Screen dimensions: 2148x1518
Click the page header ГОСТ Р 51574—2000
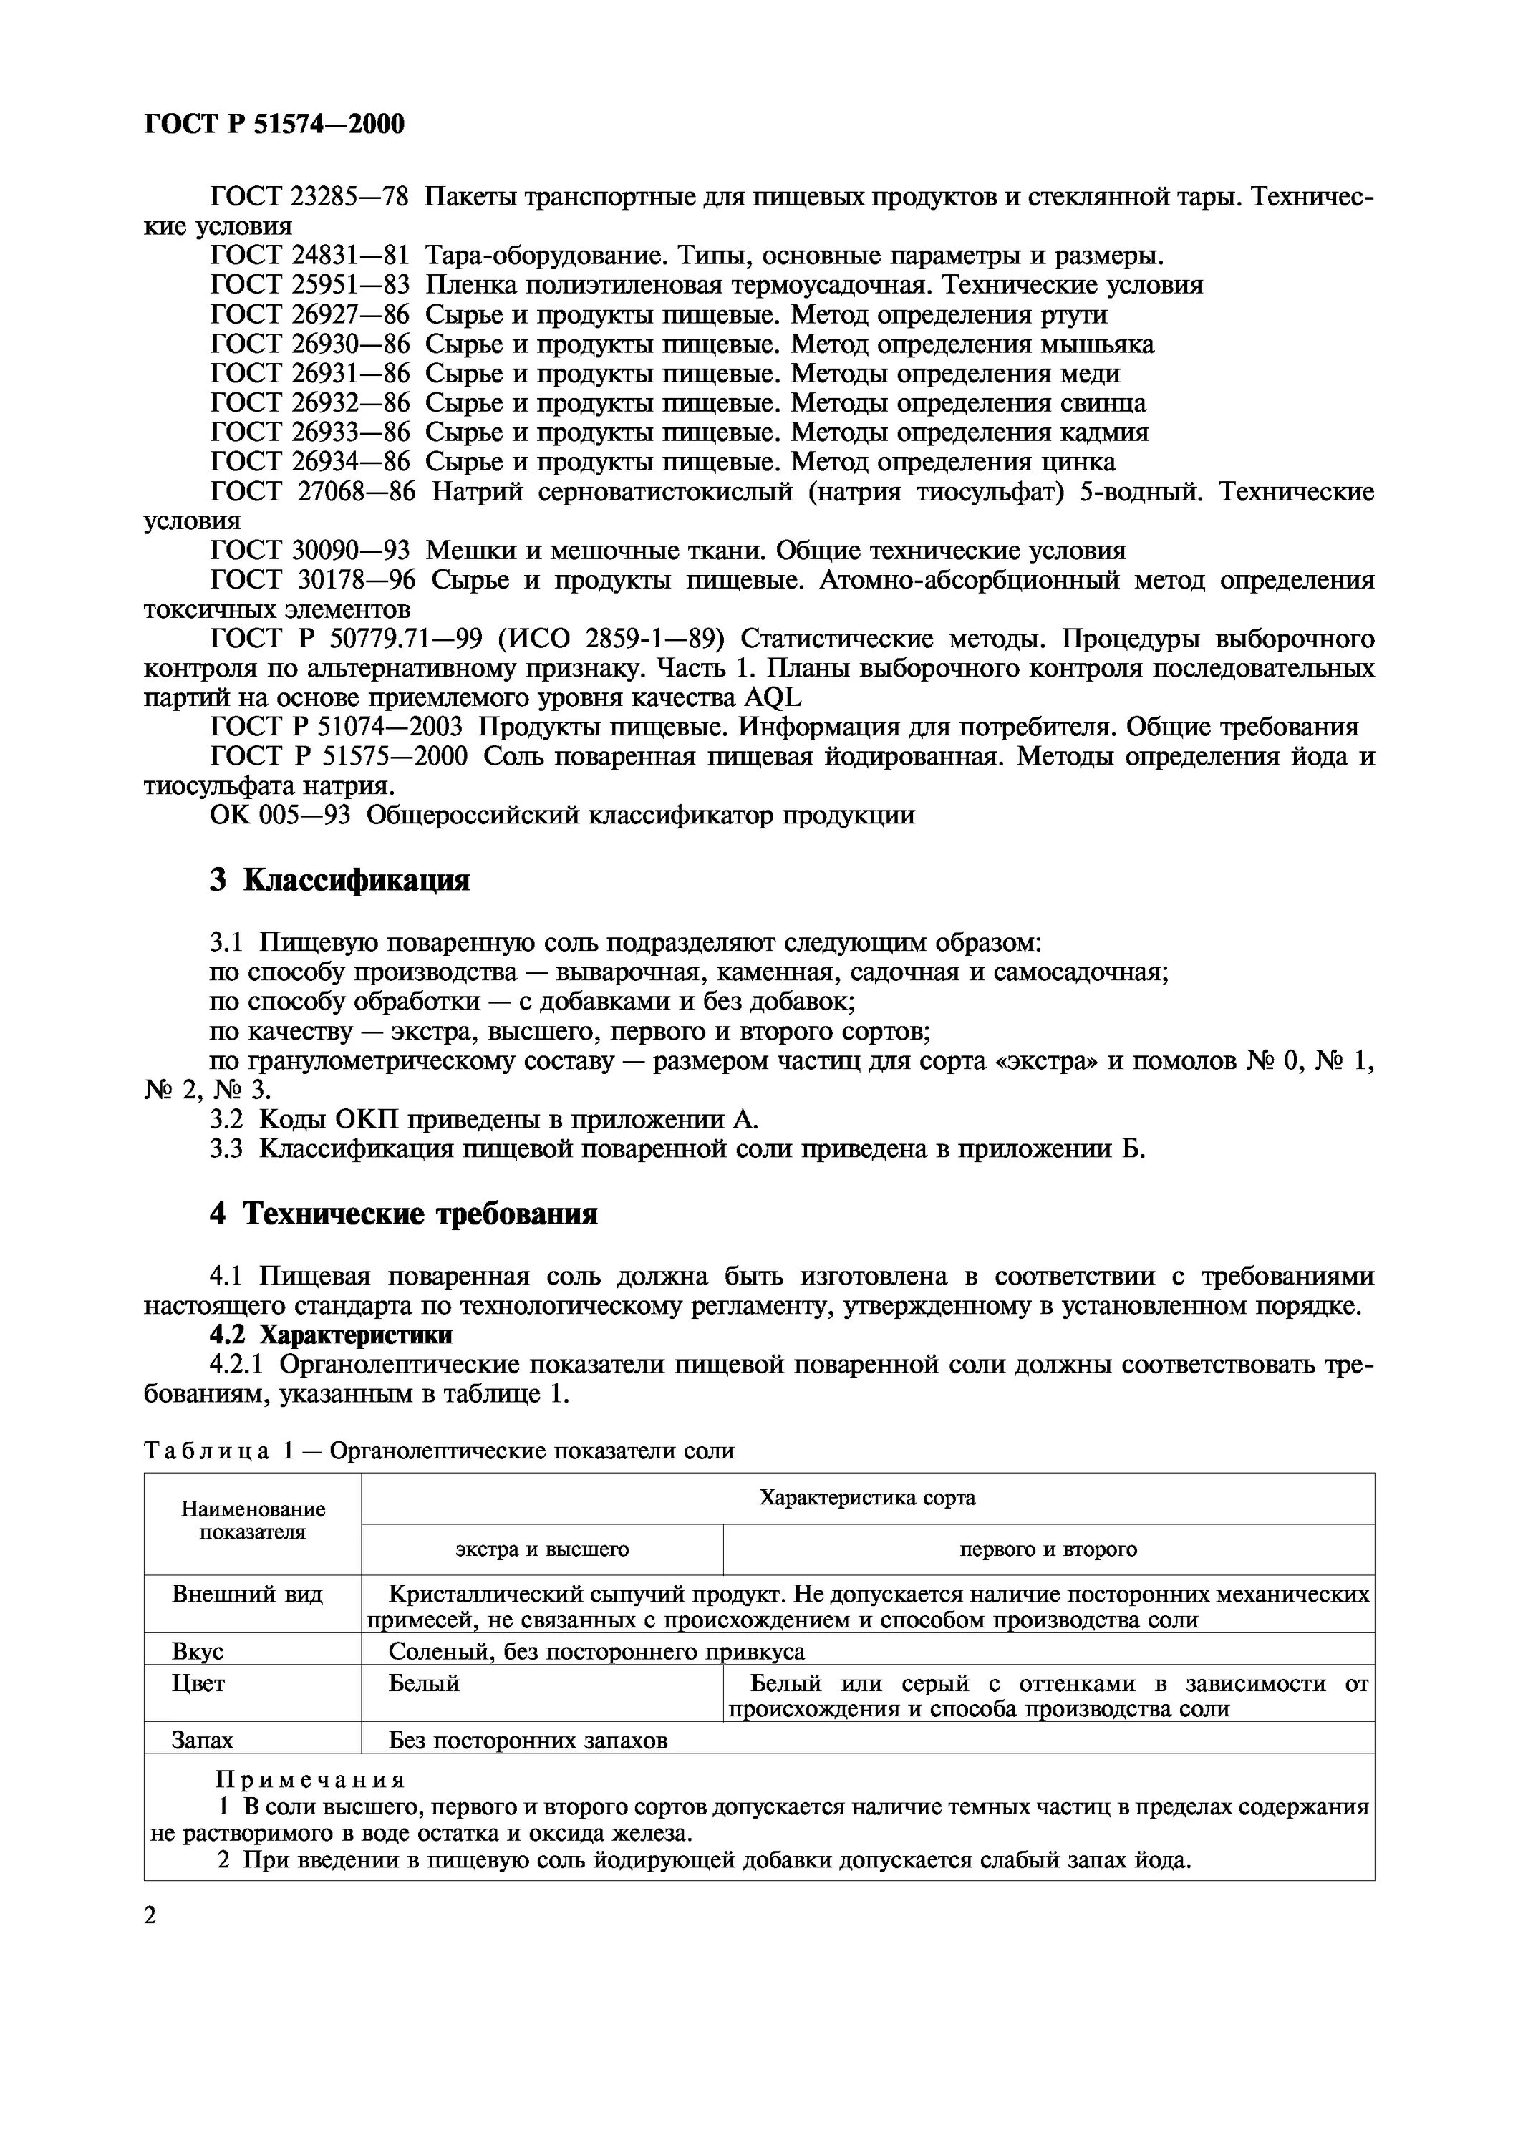click(274, 125)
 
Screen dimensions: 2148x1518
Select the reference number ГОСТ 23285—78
click(309, 198)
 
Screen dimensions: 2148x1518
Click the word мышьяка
click(1097, 344)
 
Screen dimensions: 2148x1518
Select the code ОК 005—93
click(280, 816)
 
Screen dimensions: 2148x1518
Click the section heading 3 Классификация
click(339, 881)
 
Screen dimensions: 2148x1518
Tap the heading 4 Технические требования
click(403, 1214)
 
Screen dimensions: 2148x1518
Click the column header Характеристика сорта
click(867, 1498)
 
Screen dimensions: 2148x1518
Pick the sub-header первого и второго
click(1048, 1549)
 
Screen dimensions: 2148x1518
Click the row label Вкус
click(198, 1652)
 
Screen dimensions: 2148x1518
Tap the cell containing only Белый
click(424, 1684)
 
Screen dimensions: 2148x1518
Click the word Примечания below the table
click(311, 1780)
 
